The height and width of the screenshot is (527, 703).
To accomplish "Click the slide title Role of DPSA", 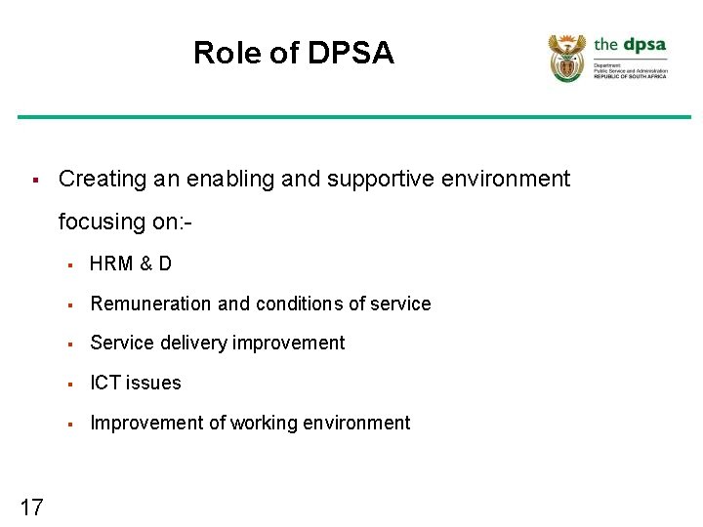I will pos(293,53).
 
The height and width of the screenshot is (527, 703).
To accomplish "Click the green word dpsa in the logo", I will pos(644,44).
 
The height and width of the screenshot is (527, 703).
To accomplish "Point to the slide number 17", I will pos(31,507).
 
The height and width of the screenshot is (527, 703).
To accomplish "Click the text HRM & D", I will pos(131,264).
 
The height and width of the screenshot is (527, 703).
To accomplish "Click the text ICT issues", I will pos(136,383).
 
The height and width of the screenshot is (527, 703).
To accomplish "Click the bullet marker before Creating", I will pos(34,181).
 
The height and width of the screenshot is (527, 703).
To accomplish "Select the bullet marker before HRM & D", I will pos(70,264).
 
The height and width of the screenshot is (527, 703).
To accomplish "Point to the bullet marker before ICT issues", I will pos(70,384).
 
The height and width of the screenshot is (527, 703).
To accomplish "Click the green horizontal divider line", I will pos(351,117).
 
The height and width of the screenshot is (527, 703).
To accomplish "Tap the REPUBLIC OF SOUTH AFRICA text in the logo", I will pos(630,76).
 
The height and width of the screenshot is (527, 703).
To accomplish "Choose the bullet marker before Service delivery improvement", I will pos(70,344).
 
